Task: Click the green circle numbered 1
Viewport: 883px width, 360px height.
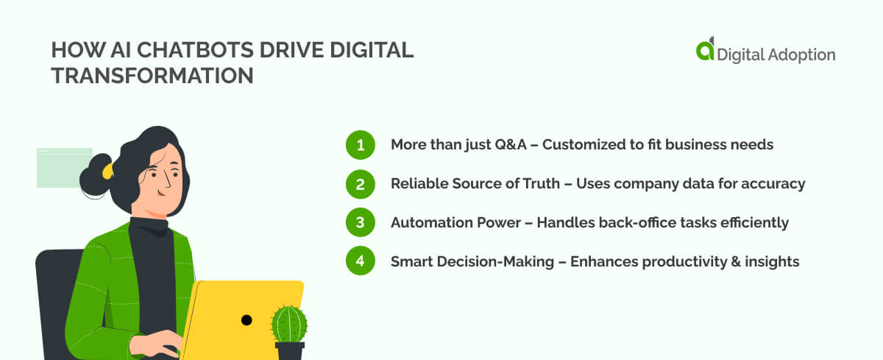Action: click(361, 145)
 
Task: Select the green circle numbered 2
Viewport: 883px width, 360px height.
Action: click(361, 184)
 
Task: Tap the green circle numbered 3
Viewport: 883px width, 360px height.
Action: click(361, 222)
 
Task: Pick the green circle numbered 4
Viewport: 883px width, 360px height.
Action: click(361, 261)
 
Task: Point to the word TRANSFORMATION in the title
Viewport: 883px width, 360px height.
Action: click(152, 76)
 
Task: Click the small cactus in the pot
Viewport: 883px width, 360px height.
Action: click(289, 324)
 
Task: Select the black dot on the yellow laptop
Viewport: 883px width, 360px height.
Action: click(247, 320)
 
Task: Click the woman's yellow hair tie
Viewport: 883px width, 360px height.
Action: click(107, 171)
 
